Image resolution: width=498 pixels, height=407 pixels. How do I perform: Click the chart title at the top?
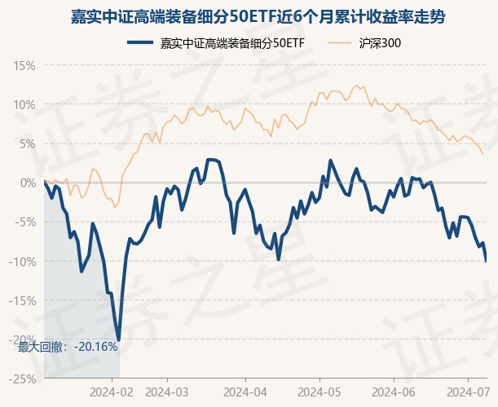[249, 15]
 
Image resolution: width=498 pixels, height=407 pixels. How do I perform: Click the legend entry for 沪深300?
[379, 42]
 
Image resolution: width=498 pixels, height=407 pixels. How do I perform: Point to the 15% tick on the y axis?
[24, 65]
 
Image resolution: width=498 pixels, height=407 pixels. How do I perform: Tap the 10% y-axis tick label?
[24, 104]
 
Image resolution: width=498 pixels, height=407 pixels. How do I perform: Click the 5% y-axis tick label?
[28, 143]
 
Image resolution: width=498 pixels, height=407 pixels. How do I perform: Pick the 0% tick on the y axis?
[28, 182]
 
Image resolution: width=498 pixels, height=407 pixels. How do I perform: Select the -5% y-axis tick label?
[25, 221]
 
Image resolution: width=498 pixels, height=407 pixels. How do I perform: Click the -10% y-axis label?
[23, 260]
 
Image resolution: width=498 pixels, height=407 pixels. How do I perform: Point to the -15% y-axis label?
[23, 300]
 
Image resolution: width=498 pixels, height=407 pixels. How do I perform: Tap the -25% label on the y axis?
[23, 379]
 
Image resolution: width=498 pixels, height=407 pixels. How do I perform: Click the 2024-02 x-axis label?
[112, 391]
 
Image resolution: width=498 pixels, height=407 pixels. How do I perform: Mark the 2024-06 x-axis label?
[393, 391]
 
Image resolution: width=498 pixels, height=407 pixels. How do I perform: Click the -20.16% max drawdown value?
[95, 347]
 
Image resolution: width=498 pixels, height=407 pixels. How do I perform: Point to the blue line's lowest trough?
[119, 339]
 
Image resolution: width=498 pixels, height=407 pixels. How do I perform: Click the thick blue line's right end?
[487, 260]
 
